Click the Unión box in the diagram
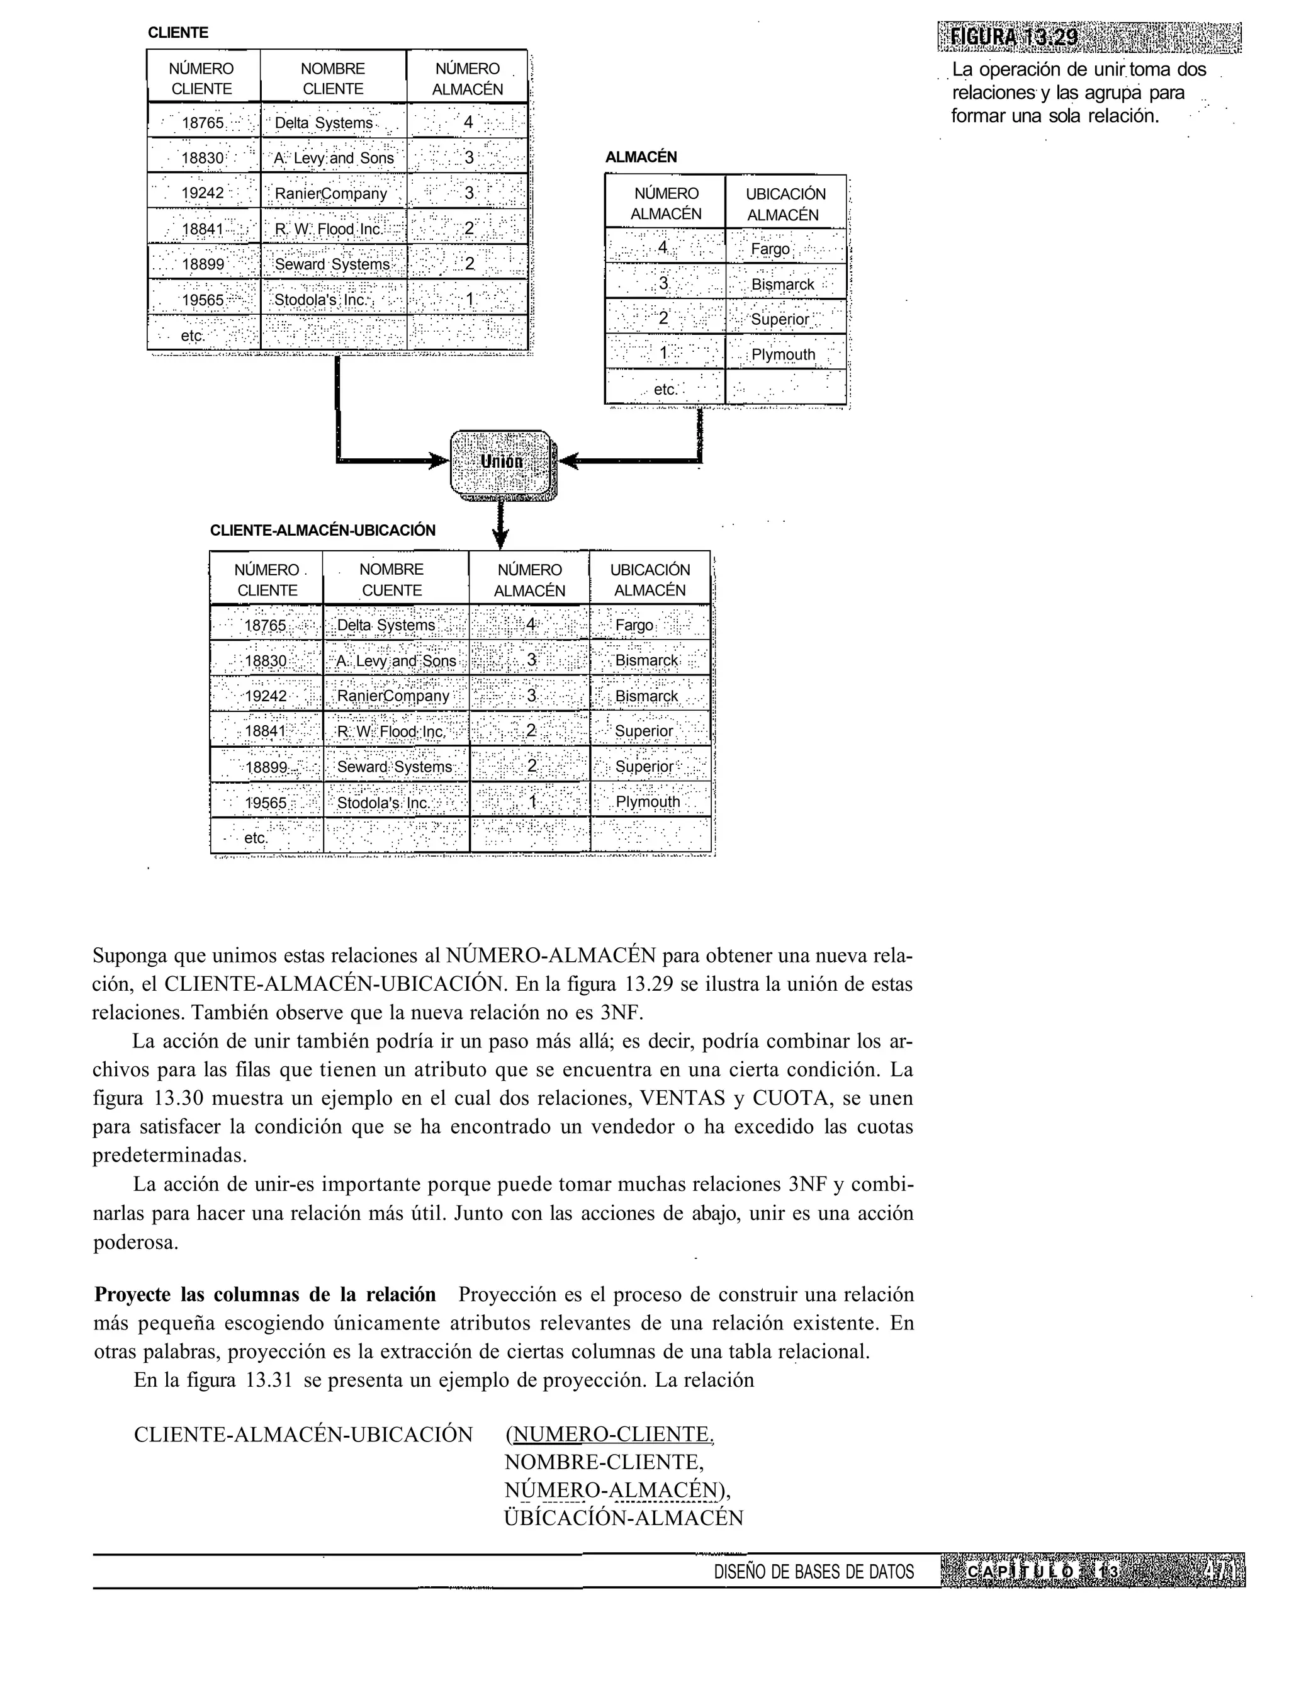(501, 462)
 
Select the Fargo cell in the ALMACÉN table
(770, 249)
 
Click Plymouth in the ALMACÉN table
(782, 354)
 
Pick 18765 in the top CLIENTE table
(203, 123)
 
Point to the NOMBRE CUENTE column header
(391, 579)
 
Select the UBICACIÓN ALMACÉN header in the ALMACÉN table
(785, 204)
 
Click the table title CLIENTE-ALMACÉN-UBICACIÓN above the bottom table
(322, 530)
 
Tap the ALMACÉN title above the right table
(641, 157)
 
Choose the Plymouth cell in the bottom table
(648, 802)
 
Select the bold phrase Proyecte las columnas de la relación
(265, 1295)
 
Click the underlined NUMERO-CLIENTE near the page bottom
(612, 1433)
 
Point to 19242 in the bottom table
(266, 696)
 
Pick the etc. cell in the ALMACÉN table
(665, 389)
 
